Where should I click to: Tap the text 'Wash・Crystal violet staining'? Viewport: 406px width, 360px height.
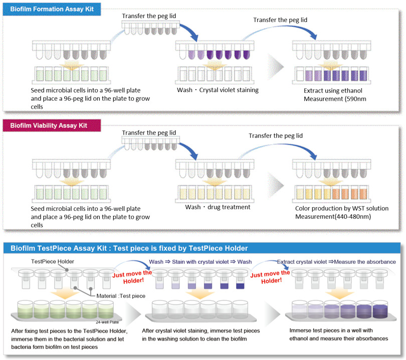[x=218, y=90]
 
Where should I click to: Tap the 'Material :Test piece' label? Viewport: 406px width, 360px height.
[x=120, y=296]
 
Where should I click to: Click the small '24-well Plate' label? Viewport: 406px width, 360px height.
[x=109, y=322]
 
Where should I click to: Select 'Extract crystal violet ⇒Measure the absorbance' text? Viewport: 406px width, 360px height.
[x=336, y=261]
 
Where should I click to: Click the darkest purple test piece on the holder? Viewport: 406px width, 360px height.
[x=240, y=286]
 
